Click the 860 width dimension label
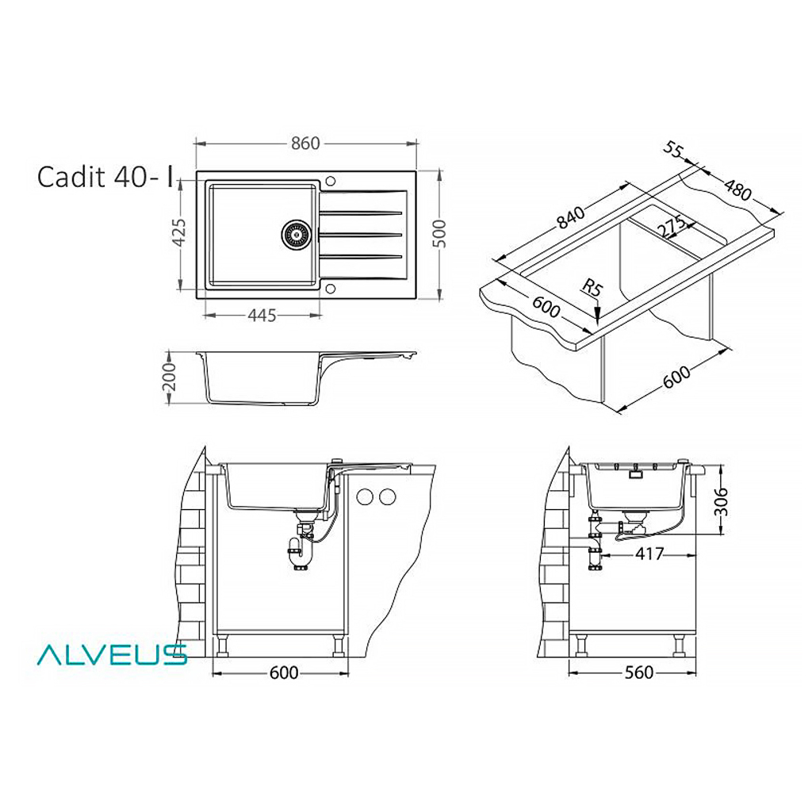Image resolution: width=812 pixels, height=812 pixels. (x=305, y=144)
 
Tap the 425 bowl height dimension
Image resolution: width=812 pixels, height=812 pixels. (x=178, y=232)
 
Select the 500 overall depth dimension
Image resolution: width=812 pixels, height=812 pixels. (x=439, y=234)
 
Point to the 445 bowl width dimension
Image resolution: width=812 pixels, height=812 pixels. (x=262, y=315)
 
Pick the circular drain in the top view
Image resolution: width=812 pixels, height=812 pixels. (x=297, y=235)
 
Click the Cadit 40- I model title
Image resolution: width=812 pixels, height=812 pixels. (x=105, y=177)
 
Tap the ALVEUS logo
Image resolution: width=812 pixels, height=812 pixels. (x=112, y=654)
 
